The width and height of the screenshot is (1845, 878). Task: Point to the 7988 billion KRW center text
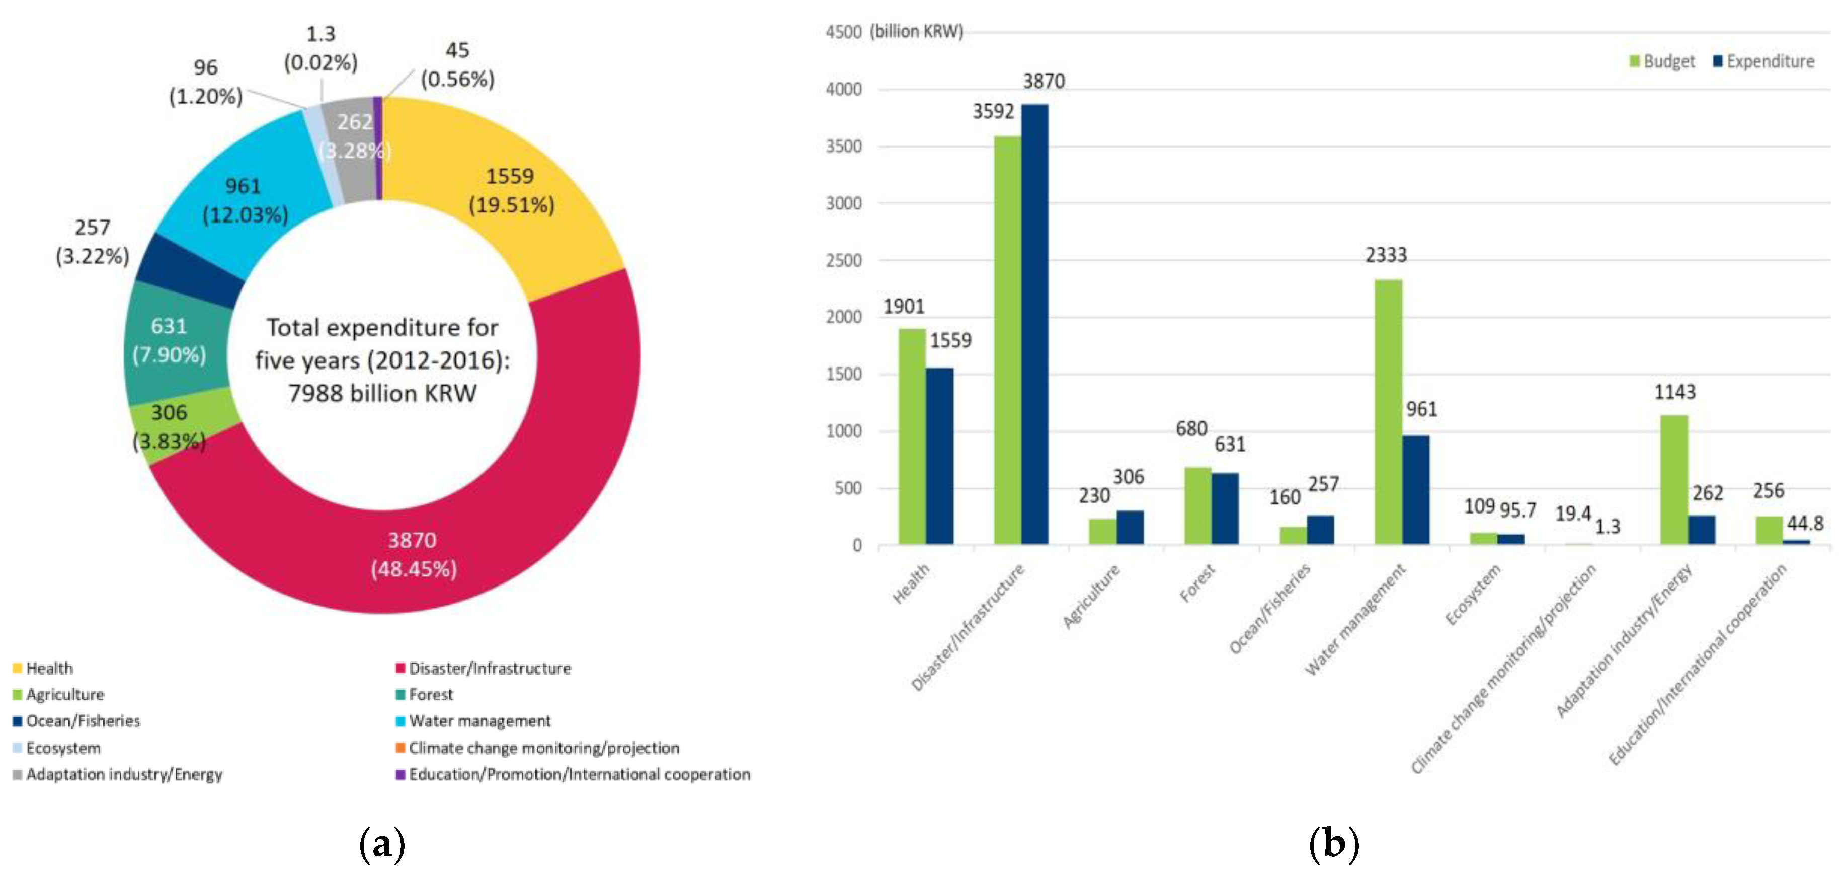[382, 393]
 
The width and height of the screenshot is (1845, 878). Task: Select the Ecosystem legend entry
[63, 748]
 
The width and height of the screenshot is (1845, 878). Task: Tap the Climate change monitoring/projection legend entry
[543, 748]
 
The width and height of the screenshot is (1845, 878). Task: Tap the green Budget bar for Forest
[1197, 505]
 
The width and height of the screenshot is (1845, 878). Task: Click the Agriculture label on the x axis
[1091, 595]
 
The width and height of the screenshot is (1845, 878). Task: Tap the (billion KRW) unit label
[916, 32]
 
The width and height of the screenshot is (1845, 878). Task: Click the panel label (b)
[1333, 844]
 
